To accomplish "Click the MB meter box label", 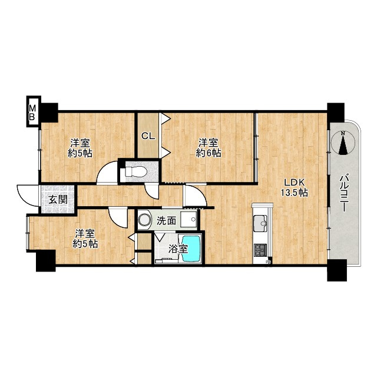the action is coord(32,113).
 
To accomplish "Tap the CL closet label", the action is coord(148,136).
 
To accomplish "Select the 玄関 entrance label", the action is coord(58,199).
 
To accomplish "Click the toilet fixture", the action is coord(136,172).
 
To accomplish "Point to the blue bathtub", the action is coord(191,249).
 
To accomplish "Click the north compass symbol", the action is coord(343,143).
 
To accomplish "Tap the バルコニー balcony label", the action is coord(344,194).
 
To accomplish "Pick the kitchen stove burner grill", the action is coord(260,250).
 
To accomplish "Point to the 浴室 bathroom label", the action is coord(178,249).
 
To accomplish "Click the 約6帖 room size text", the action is coord(209,153).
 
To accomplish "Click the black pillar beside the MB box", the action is coord(49,113).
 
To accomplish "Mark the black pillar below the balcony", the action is coord(336,270).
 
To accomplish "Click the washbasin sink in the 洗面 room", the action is coord(188,219).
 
